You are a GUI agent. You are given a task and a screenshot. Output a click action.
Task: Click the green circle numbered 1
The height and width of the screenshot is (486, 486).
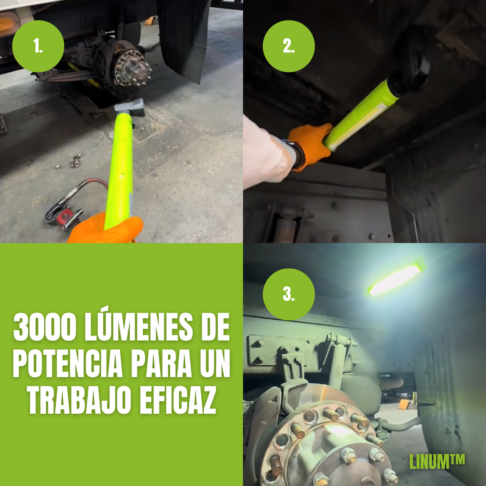pyautogui.click(x=38, y=46)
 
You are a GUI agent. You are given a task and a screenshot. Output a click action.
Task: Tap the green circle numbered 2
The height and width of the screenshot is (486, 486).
pyautogui.click(x=289, y=46)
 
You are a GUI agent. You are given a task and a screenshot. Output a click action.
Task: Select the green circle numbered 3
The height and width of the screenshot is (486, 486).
pyautogui.click(x=289, y=294)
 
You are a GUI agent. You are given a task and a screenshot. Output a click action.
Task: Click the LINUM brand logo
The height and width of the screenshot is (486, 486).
pyautogui.click(x=437, y=461)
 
